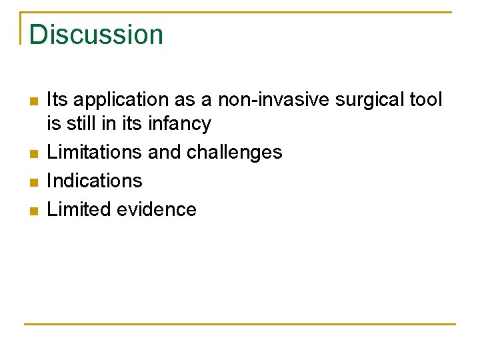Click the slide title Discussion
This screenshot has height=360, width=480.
pos(96,34)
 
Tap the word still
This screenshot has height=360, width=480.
pos(79,124)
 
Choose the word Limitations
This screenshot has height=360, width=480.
pos(95,153)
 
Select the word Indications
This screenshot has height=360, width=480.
pos(95,181)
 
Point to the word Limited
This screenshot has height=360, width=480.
pos(79,209)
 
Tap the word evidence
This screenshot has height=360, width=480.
pos(157,209)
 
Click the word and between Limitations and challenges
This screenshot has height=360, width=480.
pos(164,153)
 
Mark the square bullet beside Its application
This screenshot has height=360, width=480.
pos(33,101)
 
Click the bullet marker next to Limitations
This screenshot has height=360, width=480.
pos(33,154)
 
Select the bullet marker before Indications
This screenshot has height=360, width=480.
pos(33,182)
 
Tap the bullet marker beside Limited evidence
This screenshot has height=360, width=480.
pos(33,211)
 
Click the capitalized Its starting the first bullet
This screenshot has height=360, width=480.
pos(57,100)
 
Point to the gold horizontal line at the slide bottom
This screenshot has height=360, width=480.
pos(240,325)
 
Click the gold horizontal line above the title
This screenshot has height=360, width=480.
pos(240,13)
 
